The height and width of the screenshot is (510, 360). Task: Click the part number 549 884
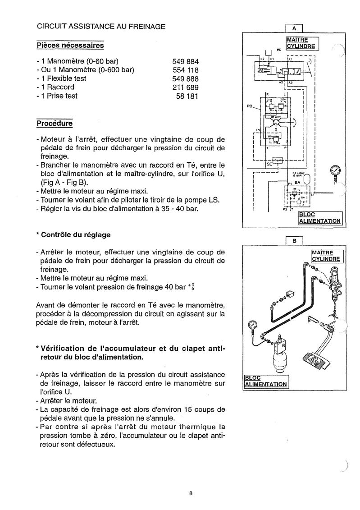pos(185,61)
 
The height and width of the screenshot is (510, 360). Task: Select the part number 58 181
pos(187,96)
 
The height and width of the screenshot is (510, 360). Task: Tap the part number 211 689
pos(185,87)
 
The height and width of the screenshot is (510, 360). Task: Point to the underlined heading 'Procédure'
pos(54,123)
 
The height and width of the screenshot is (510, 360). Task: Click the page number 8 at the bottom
pos(191,493)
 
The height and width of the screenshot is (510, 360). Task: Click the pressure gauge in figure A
pos(335,171)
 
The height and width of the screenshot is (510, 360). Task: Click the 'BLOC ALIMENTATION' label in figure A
pos(320,217)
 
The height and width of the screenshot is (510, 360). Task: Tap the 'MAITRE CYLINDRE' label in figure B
pos(328,256)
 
